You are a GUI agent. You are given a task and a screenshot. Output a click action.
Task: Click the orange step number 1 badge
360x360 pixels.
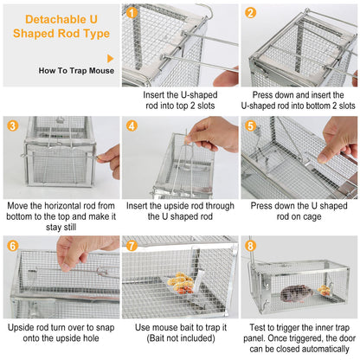pos(131,13)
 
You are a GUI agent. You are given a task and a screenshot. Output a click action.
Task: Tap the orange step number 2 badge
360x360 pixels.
pos(250,13)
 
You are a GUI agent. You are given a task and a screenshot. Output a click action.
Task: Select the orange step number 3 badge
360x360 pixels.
pos(11,125)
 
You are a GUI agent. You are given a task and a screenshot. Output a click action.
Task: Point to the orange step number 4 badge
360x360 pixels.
pos(131,125)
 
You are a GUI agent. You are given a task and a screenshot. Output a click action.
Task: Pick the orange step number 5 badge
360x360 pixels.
pos(250,125)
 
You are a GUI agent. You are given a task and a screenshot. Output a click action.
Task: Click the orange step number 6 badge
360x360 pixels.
pos(11,245)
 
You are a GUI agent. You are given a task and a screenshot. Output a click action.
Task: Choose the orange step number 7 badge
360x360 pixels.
pos(131,245)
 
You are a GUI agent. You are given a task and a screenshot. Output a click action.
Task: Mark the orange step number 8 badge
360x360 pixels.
pos(250,245)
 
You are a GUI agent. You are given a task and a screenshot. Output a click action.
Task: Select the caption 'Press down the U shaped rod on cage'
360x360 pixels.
pos(299,213)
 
